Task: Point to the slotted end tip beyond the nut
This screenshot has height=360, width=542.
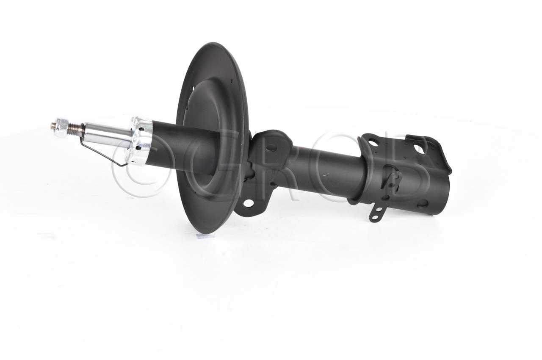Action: [x=53, y=125]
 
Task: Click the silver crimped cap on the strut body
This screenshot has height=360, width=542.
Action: [x=140, y=141]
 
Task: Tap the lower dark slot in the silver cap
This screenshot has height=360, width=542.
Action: [x=138, y=147]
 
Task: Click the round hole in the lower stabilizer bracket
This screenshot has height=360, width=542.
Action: [x=248, y=203]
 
